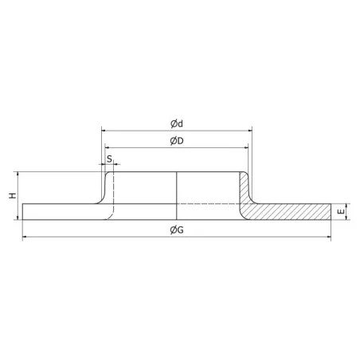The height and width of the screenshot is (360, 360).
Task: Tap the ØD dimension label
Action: coord(177,141)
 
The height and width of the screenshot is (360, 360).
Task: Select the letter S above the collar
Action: coord(108,158)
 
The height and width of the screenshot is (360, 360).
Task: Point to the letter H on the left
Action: coord(12,194)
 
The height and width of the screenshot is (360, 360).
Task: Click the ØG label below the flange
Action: coord(177,230)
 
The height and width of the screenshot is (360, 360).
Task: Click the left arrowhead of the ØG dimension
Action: coord(25,237)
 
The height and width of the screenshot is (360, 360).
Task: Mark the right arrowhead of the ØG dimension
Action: coord(329,237)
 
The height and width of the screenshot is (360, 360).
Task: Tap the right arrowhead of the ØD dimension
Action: coord(244,147)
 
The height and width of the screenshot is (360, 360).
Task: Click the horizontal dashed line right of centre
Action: coord(207,204)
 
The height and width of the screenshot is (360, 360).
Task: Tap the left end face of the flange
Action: coord(22,211)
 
